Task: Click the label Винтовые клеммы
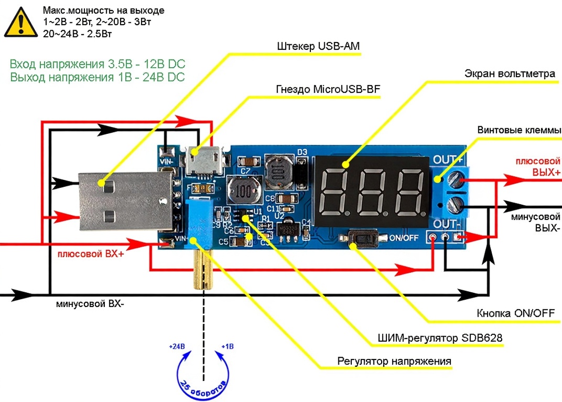[519, 130]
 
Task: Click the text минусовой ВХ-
[90, 304]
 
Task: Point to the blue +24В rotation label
[177, 347]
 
